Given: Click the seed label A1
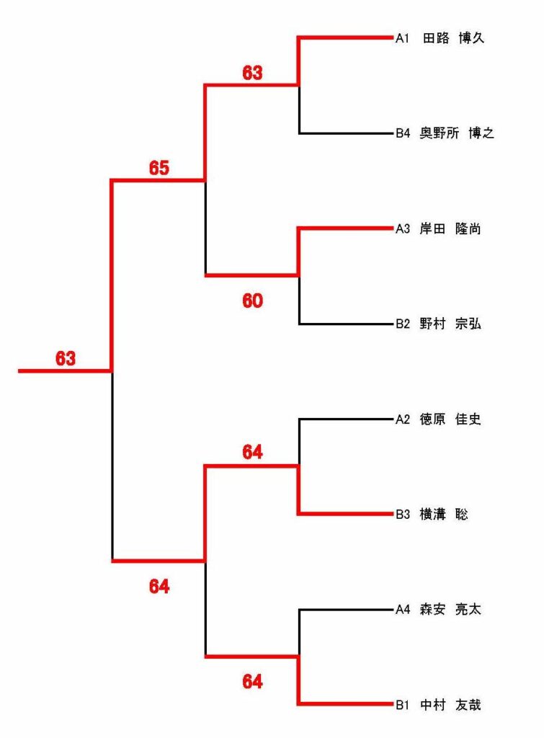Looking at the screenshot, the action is pos(402,38).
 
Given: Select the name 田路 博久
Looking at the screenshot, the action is pos(454,38).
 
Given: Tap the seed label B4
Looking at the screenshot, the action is pos(403,133).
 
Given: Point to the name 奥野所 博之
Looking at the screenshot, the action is pos(457,133).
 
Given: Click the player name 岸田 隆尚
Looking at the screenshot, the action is pos(450,229).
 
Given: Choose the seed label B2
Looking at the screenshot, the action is pos(403,324).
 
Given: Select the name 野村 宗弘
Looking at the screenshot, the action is pos(450,324).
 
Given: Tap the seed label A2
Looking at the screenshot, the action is pos(403,419).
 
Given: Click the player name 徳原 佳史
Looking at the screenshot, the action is pos(450,419).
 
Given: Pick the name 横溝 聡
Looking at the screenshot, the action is pos(444,515).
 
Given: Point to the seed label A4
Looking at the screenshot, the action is pos(403,610).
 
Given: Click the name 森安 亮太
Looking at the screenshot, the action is pos(450,610).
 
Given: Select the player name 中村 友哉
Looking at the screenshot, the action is pos(450,705).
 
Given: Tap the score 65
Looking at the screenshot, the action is pos(159,168).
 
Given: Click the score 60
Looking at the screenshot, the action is pos(253,301).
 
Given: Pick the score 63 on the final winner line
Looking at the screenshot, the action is pos(66,359).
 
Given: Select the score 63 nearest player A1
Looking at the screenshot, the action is pos(253,73).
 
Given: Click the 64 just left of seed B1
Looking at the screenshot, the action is pos(253,682).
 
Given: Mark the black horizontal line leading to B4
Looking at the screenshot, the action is pos(347,133).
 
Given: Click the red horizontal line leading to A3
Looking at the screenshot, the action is pos(346,228).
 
